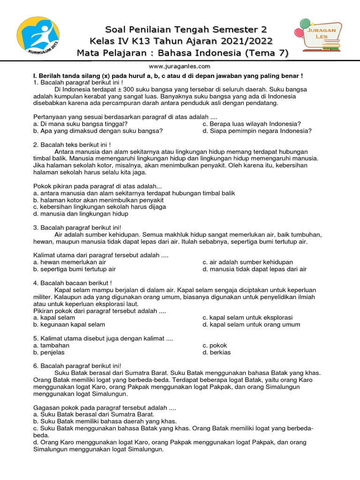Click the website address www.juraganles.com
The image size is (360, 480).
(180, 66)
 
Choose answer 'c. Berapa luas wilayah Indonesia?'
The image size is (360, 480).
(251, 124)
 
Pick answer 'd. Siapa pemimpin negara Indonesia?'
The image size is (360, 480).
(257, 131)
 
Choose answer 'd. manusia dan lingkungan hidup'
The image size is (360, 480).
(81, 213)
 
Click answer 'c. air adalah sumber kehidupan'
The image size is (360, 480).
(247, 262)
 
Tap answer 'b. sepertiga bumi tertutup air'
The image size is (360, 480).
(75, 269)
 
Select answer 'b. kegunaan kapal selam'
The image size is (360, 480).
(69, 324)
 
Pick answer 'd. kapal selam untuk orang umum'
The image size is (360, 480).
(251, 324)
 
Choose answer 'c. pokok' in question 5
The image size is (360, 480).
(215, 345)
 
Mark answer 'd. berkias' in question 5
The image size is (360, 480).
(217, 352)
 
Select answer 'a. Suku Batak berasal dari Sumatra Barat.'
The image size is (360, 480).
(94, 414)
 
